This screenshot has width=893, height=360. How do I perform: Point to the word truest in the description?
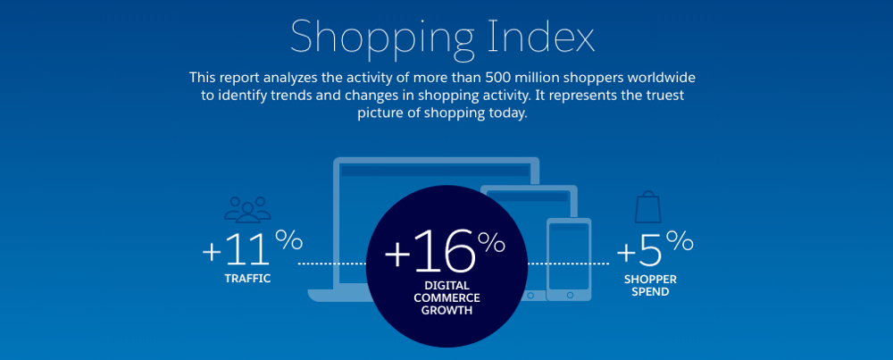pyautogui.click(x=663, y=95)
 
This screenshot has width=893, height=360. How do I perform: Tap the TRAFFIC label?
pyautogui.click(x=247, y=279)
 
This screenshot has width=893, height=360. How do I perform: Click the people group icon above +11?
pyautogui.click(x=247, y=210)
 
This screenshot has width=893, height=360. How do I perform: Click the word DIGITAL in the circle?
pyautogui.click(x=447, y=286)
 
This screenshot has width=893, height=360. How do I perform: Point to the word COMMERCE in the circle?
pyautogui.click(x=447, y=297)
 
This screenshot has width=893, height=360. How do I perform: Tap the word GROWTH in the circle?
pyautogui.click(x=447, y=311)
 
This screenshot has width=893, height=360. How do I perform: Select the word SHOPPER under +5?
pyautogui.click(x=650, y=280)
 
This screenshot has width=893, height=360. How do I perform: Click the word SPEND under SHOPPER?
pyautogui.click(x=650, y=292)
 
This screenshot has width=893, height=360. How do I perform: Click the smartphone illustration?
pyautogui.click(x=568, y=259)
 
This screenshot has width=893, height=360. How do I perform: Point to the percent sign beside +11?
pyautogui.click(x=289, y=239)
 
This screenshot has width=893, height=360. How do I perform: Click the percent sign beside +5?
pyautogui.click(x=680, y=241)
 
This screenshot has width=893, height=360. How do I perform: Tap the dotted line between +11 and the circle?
pyautogui.click(x=333, y=264)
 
